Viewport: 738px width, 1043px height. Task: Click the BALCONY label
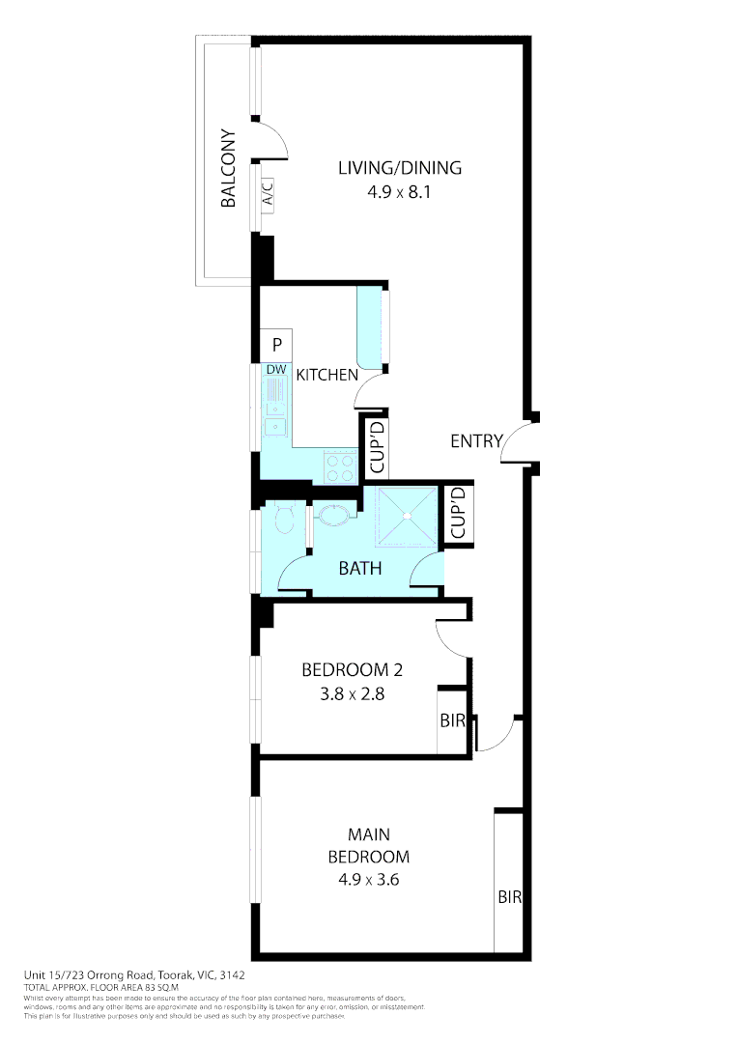tap(229, 169)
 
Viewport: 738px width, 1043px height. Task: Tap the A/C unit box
tap(268, 194)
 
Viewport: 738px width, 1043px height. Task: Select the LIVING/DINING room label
tap(399, 167)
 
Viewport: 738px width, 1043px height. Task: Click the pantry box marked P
tap(276, 345)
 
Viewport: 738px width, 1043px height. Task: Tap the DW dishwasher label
tap(275, 370)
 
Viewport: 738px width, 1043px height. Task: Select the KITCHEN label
tap(326, 375)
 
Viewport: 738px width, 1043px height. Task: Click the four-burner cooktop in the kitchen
tap(340, 468)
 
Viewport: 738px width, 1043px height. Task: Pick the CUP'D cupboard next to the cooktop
tap(378, 445)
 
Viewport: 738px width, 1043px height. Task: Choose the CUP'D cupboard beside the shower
tap(458, 513)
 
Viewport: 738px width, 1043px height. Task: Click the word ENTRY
tap(476, 441)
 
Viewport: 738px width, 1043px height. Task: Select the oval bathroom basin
tap(334, 515)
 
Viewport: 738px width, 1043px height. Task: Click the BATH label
tap(359, 569)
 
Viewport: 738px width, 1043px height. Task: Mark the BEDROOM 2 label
tap(352, 669)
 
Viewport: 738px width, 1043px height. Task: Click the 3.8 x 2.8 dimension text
tap(353, 692)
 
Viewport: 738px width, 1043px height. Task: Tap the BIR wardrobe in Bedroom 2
tap(452, 720)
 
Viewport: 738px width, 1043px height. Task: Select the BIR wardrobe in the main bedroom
tap(509, 896)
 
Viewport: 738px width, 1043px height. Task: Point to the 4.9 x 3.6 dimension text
tap(368, 880)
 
